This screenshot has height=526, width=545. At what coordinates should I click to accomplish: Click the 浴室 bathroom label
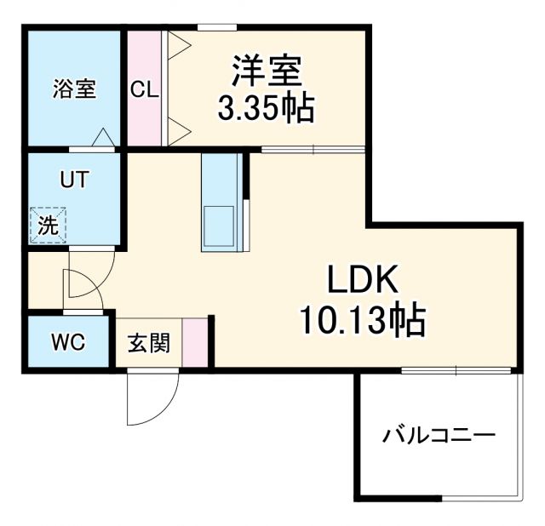pyautogui.click(x=74, y=89)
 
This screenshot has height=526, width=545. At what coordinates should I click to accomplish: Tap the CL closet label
pyautogui.click(x=144, y=89)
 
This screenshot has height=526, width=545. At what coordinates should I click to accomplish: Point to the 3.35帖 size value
pyautogui.click(x=267, y=108)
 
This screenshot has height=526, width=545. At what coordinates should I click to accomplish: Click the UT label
pyautogui.click(x=74, y=180)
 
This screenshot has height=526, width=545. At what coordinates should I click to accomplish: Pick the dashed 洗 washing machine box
pyautogui.click(x=47, y=226)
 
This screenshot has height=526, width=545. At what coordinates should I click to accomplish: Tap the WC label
pyautogui.click(x=67, y=343)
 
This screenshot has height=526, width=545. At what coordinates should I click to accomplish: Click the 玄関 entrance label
pyautogui.click(x=149, y=343)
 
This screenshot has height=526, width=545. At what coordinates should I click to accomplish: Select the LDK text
pyautogui.click(x=359, y=280)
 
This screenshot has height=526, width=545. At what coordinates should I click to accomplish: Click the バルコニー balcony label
pyautogui.click(x=439, y=436)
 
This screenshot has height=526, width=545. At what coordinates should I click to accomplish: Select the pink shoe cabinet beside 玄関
pyautogui.click(x=196, y=342)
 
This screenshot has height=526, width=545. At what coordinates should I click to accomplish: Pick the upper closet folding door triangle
pyautogui.click(x=180, y=47)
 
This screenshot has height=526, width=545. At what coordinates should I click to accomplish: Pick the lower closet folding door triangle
pyautogui.click(x=180, y=129)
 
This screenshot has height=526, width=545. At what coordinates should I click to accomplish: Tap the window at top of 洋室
pyautogui.click(x=217, y=28)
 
